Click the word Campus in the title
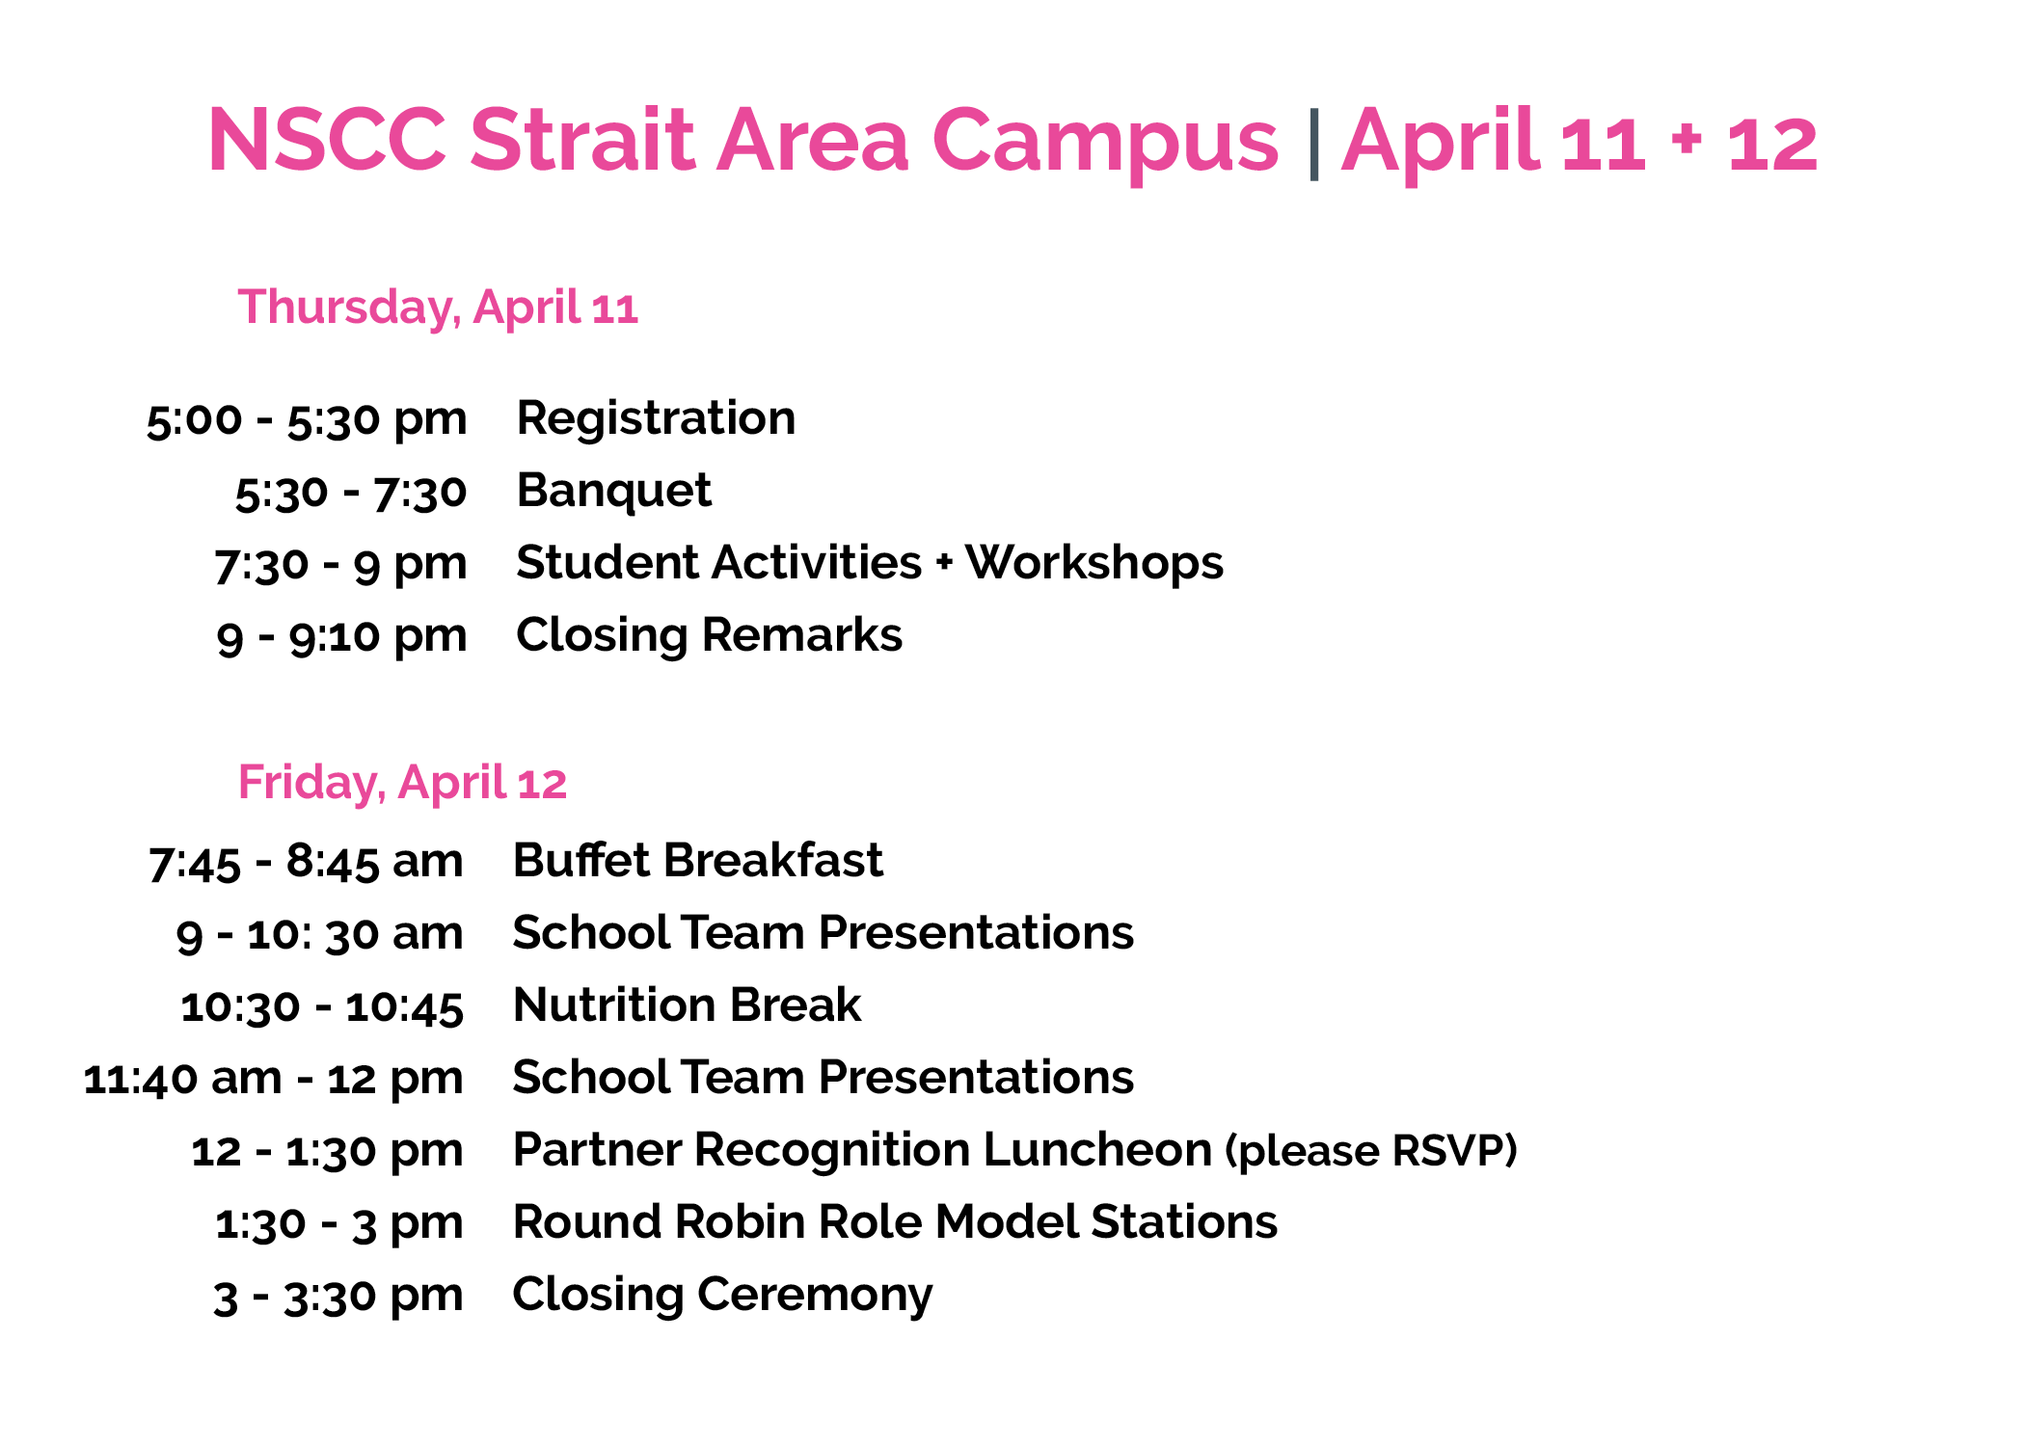coord(1105,142)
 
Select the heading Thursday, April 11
coord(438,308)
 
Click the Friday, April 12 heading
coord(402,783)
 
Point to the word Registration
coord(656,419)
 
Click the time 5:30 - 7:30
coord(351,493)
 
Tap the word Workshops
coord(1094,563)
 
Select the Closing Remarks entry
coord(710,635)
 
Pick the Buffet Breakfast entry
coord(697,861)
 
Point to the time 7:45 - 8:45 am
coord(306,862)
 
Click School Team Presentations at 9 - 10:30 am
coord(823,933)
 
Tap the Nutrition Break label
coord(687,1005)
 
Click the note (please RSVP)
coord(1371,1151)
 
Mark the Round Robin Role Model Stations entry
coord(895,1222)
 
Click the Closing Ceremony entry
coord(722,1296)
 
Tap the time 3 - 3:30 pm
coord(338,1297)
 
